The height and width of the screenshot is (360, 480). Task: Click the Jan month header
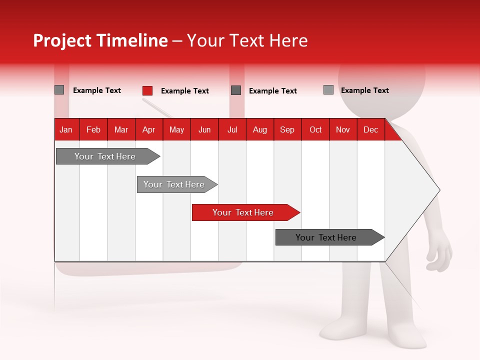66,129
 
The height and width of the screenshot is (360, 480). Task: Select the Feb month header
93,129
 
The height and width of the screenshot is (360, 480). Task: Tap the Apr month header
148,129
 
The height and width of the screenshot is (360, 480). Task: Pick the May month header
176,129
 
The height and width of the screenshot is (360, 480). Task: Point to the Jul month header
232,129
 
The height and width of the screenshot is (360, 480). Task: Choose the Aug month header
259,129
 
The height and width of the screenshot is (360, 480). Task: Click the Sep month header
287,129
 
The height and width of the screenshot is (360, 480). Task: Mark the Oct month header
315,129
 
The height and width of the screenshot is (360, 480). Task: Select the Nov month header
343,129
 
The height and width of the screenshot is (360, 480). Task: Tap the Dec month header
370,129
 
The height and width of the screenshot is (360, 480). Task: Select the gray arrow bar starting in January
105,156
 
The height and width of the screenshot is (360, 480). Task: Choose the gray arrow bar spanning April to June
174,184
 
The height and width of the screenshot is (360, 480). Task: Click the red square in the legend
147,90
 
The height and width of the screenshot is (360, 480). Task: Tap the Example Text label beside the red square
184,91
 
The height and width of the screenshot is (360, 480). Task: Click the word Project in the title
62,40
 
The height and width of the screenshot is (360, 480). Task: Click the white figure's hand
440,252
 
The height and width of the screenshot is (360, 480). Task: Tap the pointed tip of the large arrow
438,190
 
